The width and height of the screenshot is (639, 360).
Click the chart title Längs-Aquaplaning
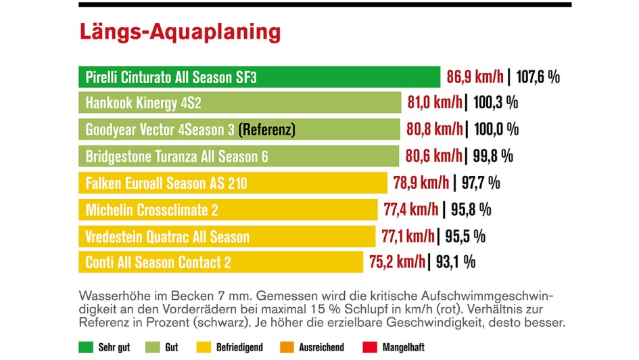tap(179, 32)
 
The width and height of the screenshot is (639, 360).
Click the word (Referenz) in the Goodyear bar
tap(268, 129)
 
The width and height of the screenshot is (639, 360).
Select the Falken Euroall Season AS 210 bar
tap(233, 183)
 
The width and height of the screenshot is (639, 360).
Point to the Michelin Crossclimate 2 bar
tap(228, 210)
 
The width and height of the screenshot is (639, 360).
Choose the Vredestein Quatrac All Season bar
tap(227, 236)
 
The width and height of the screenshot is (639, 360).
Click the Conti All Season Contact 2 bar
tap(221, 262)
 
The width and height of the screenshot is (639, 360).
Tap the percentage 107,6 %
tap(538, 76)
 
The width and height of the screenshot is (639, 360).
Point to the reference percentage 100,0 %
tap(496, 129)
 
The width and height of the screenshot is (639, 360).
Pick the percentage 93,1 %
tap(454, 262)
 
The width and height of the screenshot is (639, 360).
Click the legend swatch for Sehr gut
tap(87, 347)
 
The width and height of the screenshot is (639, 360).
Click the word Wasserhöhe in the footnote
tap(110, 296)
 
